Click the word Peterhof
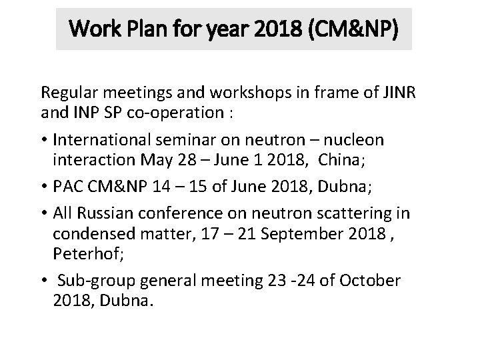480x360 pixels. click(82, 254)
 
